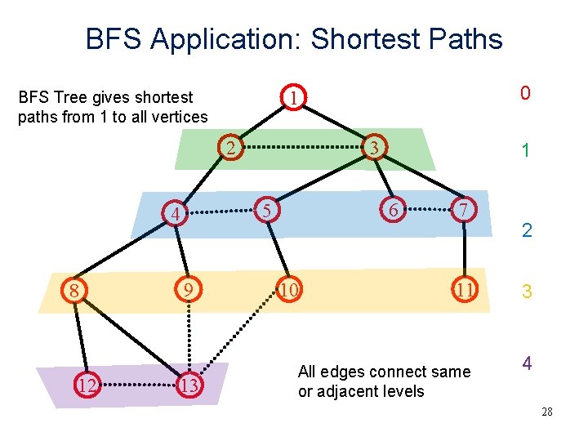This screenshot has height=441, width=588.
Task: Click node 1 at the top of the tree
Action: [x=292, y=98]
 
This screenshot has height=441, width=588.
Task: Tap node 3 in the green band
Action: [x=373, y=148]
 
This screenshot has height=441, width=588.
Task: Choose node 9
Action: [x=188, y=290]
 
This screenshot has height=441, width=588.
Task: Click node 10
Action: [x=288, y=290]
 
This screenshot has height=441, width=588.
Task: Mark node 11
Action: [x=465, y=290]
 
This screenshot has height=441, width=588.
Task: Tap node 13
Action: [x=189, y=385]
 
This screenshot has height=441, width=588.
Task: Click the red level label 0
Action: [x=526, y=94]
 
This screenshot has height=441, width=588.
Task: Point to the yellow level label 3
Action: [x=527, y=291]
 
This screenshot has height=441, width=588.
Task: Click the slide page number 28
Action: [x=546, y=412]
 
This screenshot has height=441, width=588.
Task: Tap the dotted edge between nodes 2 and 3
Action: [x=302, y=148]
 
